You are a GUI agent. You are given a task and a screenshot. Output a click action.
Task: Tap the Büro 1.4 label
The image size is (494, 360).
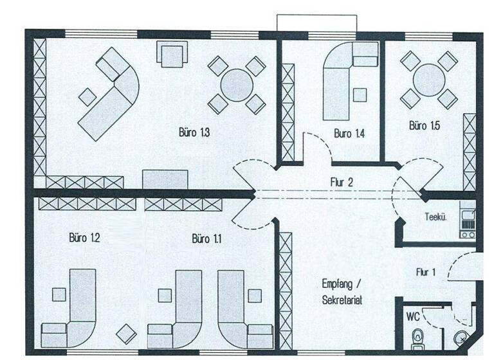[x=350, y=134]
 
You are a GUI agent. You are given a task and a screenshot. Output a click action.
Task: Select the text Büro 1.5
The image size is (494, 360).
[x=425, y=125]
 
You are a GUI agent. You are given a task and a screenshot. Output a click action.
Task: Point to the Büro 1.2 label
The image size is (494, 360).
[x=84, y=238]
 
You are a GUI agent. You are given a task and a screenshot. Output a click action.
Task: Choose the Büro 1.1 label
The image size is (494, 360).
[x=207, y=239]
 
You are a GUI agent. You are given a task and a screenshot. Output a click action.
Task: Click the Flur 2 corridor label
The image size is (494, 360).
[x=341, y=182]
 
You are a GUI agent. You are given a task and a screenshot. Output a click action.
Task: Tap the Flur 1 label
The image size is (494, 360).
[x=426, y=272]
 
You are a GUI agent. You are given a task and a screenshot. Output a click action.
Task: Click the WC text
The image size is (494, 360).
[x=412, y=317]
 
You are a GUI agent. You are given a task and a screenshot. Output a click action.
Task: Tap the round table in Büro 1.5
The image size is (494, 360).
[x=429, y=80]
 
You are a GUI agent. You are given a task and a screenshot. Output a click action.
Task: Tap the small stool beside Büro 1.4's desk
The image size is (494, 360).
[x=360, y=95]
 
